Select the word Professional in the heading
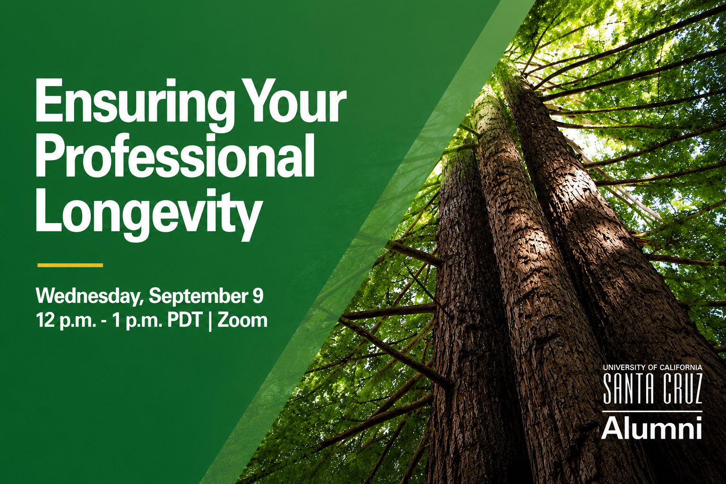[x=175, y=157]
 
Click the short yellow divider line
[x=70, y=265]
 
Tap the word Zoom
[x=242, y=320]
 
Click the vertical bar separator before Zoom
[x=210, y=321]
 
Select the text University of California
[x=652, y=367]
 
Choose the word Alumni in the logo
[x=652, y=427]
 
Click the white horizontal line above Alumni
[x=652, y=411]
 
